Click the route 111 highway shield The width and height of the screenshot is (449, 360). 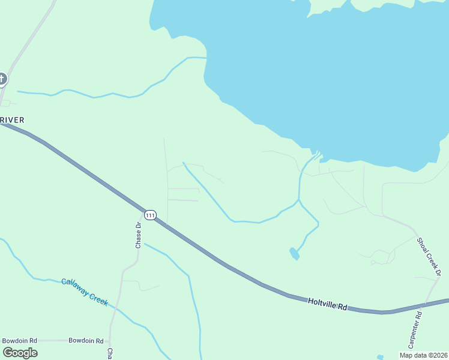tap(150, 215)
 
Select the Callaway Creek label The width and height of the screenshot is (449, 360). tap(85, 292)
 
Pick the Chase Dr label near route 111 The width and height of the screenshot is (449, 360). tap(138, 235)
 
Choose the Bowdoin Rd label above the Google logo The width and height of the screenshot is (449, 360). tap(19, 341)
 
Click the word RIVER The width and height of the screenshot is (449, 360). tap(13, 120)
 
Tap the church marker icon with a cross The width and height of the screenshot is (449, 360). tap(2, 79)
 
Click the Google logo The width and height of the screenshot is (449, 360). tap(20, 353)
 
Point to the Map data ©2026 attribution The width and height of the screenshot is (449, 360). tap(424, 355)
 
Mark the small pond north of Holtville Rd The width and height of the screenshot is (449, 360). tap(294, 254)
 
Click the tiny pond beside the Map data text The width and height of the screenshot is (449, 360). tap(380, 357)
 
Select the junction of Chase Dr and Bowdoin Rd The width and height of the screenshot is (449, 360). tap(110, 340)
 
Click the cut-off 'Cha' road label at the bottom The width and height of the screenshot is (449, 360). tap(110, 353)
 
